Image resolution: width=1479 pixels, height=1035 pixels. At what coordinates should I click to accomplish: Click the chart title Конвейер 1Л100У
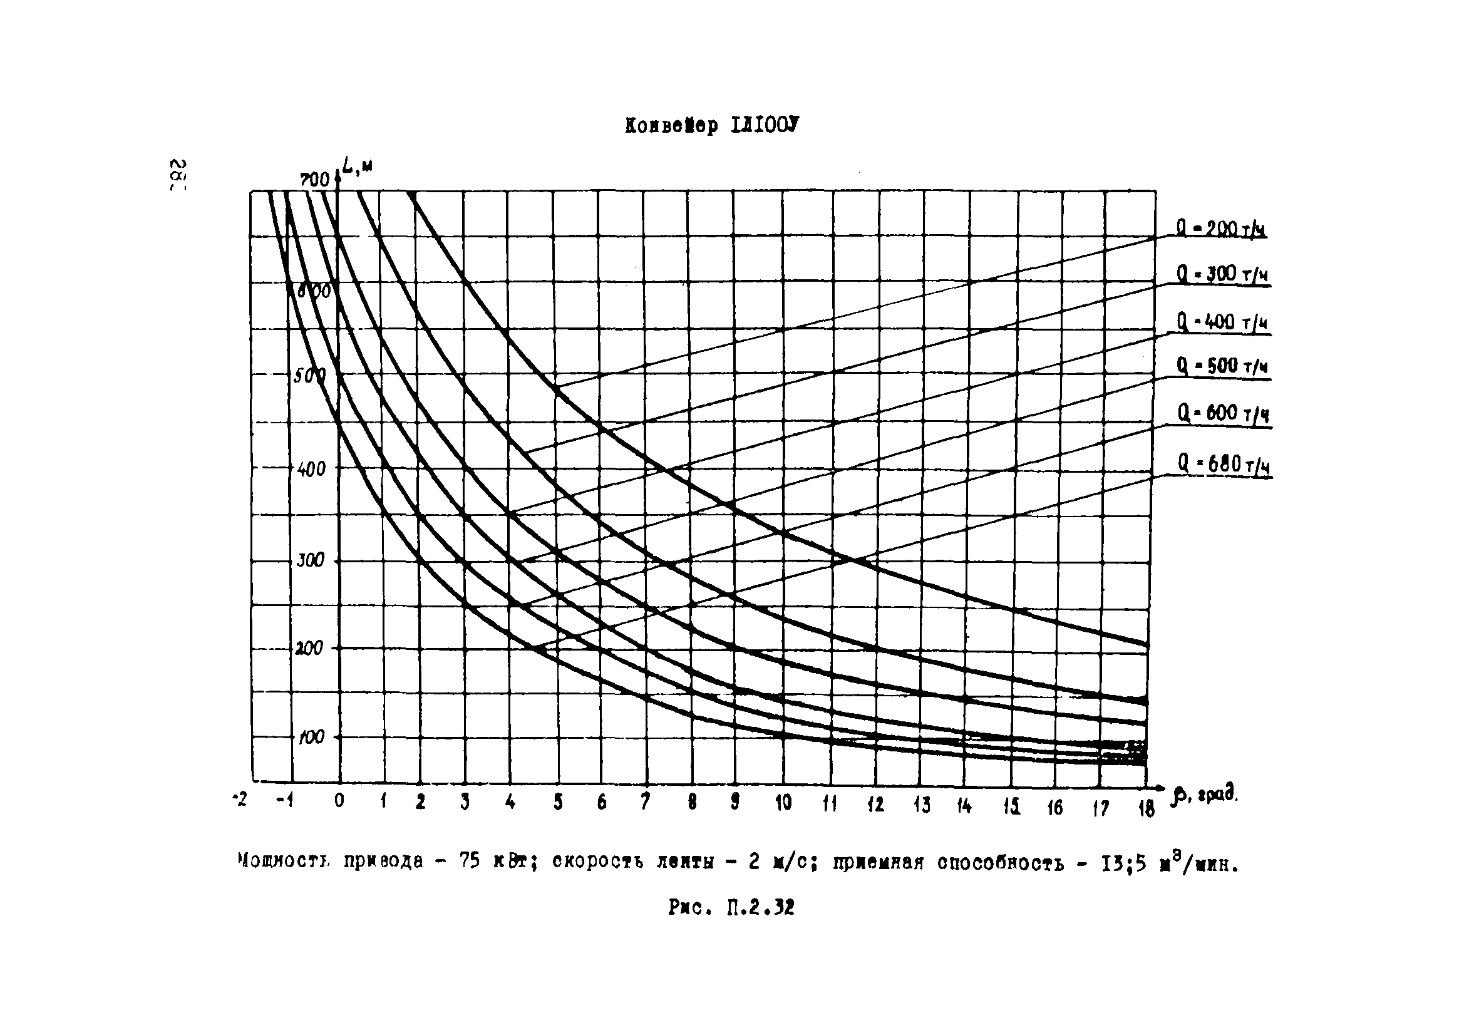click(x=711, y=125)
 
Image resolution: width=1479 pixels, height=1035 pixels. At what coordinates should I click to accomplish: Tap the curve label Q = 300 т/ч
click(x=1222, y=275)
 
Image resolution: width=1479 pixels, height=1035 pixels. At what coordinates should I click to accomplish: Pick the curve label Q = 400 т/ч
click(x=1222, y=322)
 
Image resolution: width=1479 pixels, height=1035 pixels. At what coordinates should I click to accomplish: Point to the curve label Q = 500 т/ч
click(x=1222, y=366)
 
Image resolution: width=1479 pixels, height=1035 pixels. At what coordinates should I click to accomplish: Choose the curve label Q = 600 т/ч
click(x=1223, y=413)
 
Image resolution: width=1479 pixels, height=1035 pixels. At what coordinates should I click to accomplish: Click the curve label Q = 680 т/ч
click(x=1224, y=464)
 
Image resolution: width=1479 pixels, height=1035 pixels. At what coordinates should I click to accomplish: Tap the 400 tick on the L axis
click(x=311, y=469)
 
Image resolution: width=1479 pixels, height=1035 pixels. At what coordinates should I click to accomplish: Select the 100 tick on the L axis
click(x=311, y=737)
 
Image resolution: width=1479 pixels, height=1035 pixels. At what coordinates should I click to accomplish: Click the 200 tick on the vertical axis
click(x=309, y=648)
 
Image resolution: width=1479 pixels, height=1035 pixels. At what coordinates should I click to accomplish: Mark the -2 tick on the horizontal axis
click(x=240, y=800)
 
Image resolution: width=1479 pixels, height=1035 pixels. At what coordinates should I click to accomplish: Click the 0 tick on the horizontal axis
click(x=339, y=801)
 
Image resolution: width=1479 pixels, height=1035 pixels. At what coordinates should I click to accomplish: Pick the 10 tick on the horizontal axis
click(x=783, y=803)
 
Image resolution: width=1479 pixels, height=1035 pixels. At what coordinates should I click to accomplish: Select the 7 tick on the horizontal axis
click(x=645, y=801)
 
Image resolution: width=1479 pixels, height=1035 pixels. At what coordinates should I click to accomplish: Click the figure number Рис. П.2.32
click(x=731, y=907)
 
